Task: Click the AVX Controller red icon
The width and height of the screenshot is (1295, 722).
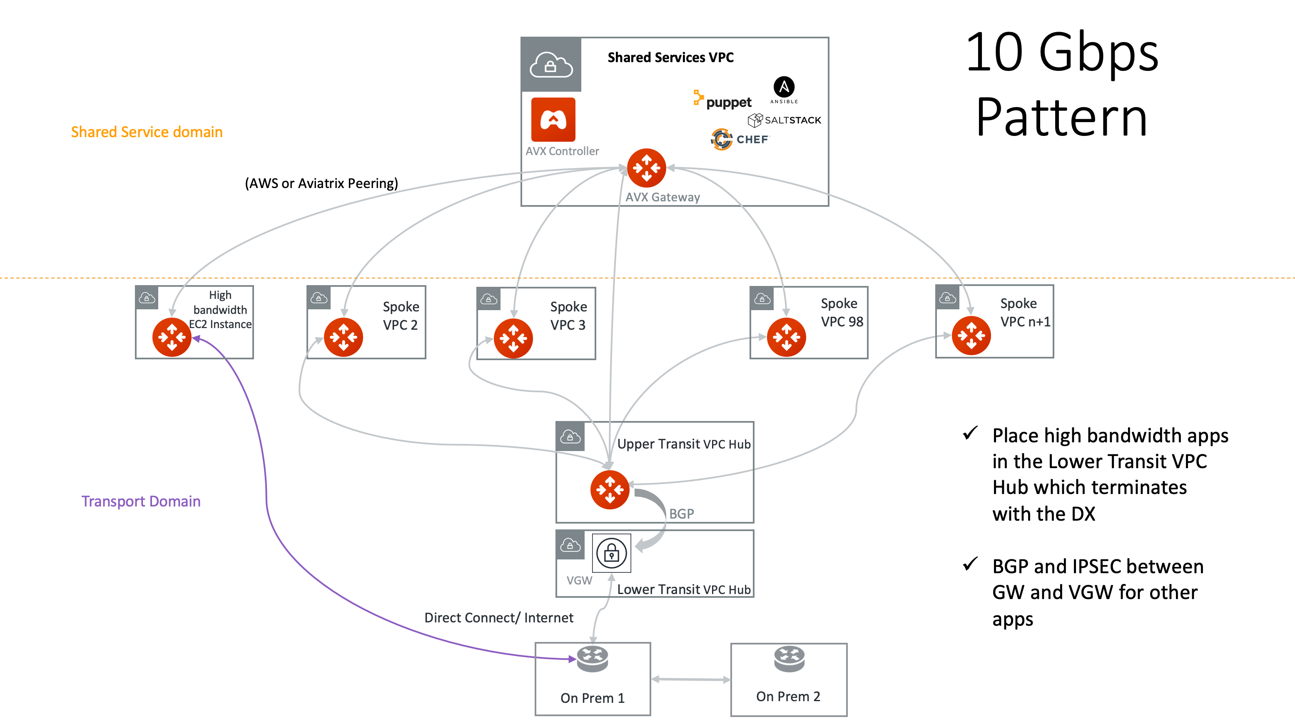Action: coord(553,120)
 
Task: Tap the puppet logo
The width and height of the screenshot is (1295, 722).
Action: coord(723,100)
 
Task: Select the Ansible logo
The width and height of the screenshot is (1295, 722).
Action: coord(784,89)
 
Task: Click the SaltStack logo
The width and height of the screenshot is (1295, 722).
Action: coord(784,120)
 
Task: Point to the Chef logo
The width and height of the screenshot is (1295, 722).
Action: coord(740,139)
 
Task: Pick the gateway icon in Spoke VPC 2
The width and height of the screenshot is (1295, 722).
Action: coord(344,337)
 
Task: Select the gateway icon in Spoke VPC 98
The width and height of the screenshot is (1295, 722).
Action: coord(786,337)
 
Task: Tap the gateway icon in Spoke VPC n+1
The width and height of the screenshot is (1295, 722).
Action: coord(971,336)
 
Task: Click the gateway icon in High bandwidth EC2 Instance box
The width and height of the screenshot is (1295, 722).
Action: coord(172,337)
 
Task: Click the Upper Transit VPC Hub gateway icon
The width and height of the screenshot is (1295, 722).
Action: coord(609,489)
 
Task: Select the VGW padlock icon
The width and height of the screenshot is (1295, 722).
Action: coord(611,553)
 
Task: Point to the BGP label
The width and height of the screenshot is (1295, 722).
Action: coord(681,514)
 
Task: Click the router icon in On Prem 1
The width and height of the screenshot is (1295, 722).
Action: coord(592,659)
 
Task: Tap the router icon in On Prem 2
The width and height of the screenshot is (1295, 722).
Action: coord(789,659)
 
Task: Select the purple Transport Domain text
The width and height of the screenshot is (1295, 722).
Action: coord(141,501)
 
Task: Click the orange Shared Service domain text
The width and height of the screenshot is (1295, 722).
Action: coord(146,132)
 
